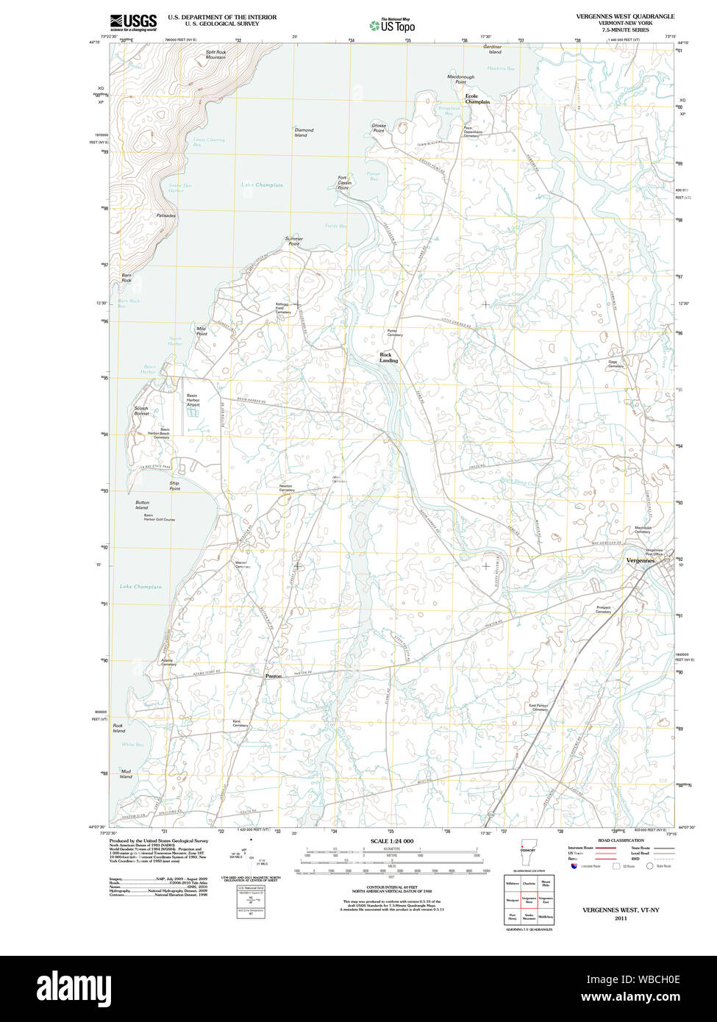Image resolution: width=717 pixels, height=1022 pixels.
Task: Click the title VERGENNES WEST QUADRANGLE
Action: pos(625,16)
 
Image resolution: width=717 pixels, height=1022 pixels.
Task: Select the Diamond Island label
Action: pos(304,132)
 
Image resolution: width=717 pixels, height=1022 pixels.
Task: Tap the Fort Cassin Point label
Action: pos(343,182)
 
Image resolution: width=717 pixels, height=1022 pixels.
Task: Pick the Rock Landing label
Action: pos(388,357)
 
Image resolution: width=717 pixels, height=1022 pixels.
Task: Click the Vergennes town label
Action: pos(639,560)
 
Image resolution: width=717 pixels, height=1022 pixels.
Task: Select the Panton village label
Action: pos(273,675)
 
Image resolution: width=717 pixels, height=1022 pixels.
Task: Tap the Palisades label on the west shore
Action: pos(166,215)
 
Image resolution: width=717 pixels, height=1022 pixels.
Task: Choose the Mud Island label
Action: pos(126,773)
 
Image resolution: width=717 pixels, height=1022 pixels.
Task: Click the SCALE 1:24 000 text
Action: pos(392,841)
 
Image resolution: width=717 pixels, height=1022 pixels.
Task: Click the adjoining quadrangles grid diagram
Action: pos(529,899)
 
